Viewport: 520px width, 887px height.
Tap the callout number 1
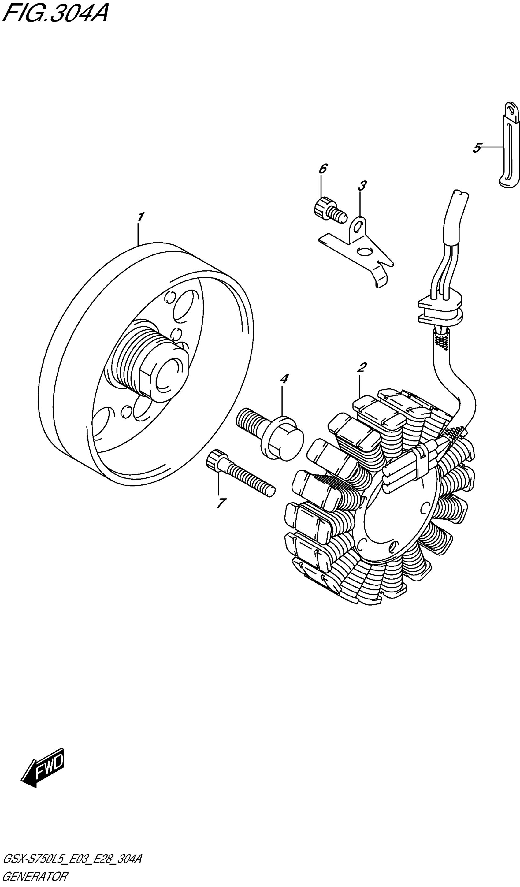coord(140,217)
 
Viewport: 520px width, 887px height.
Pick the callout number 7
coord(221,503)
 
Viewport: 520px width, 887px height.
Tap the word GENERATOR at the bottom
coord(35,878)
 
